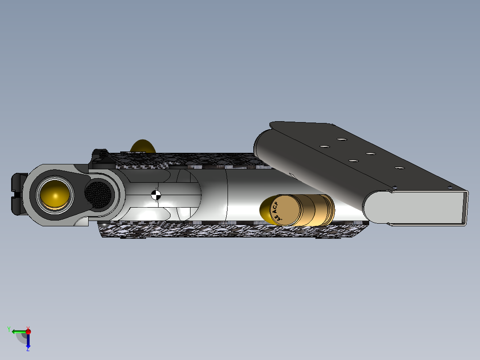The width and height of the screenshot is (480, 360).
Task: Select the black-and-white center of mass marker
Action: pyautogui.click(x=156, y=194)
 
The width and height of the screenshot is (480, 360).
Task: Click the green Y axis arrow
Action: pyautogui.click(x=18, y=331)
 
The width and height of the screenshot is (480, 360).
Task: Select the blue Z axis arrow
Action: pyautogui.click(x=28, y=341)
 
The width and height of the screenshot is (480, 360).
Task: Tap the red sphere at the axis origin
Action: pyautogui.click(x=28, y=331)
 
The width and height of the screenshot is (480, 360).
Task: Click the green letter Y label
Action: pyautogui.click(x=9, y=329)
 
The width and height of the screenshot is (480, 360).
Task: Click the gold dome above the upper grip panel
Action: pyautogui.click(x=143, y=146)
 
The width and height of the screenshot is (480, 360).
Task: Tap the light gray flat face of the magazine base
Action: pyautogui.click(x=414, y=207)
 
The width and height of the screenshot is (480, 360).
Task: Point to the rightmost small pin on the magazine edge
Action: pyautogui.click(x=450, y=187)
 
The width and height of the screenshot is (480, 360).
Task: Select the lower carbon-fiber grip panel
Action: pyautogui.click(x=232, y=230)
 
